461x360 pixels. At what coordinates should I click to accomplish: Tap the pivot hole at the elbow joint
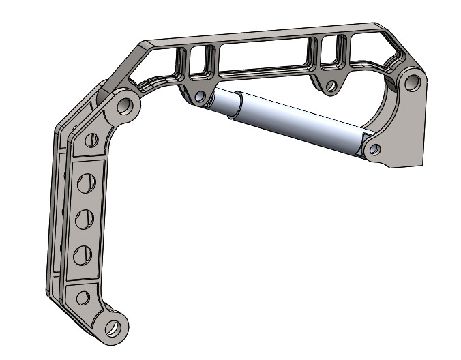click(125, 106)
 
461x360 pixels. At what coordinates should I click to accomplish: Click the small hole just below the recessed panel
click(83, 297)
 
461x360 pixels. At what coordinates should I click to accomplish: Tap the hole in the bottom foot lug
click(113, 327)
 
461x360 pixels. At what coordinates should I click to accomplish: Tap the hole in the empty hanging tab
click(331, 87)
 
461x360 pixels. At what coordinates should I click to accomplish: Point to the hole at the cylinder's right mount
click(372, 147)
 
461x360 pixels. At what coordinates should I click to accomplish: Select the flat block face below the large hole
click(406, 136)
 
